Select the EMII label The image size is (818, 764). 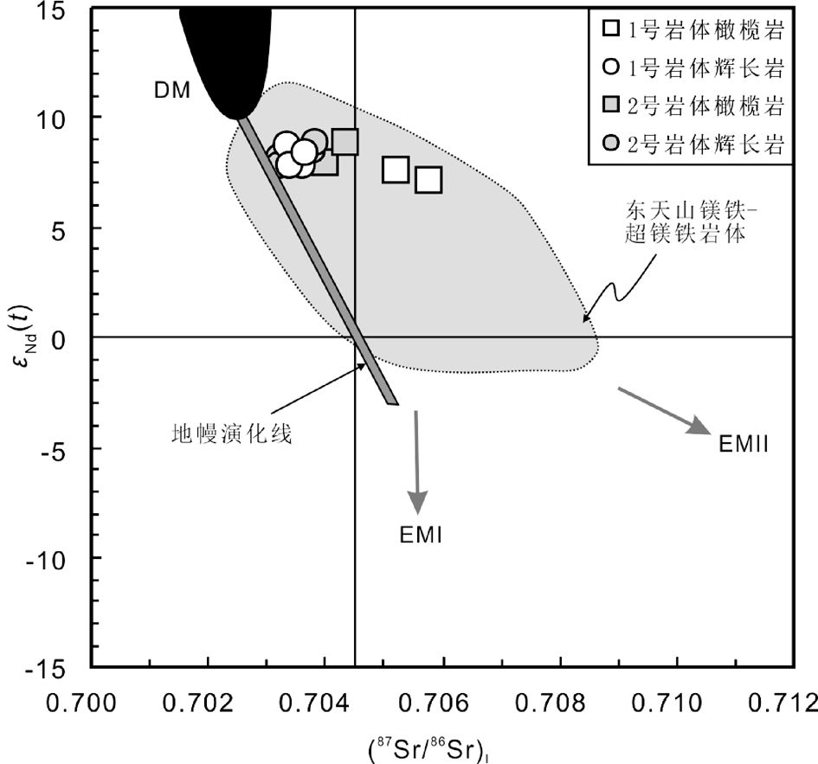coord(744,445)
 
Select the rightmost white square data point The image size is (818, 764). coord(428,180)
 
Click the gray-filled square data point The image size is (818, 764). coord(345,142)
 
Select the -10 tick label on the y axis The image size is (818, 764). coord(55,557)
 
